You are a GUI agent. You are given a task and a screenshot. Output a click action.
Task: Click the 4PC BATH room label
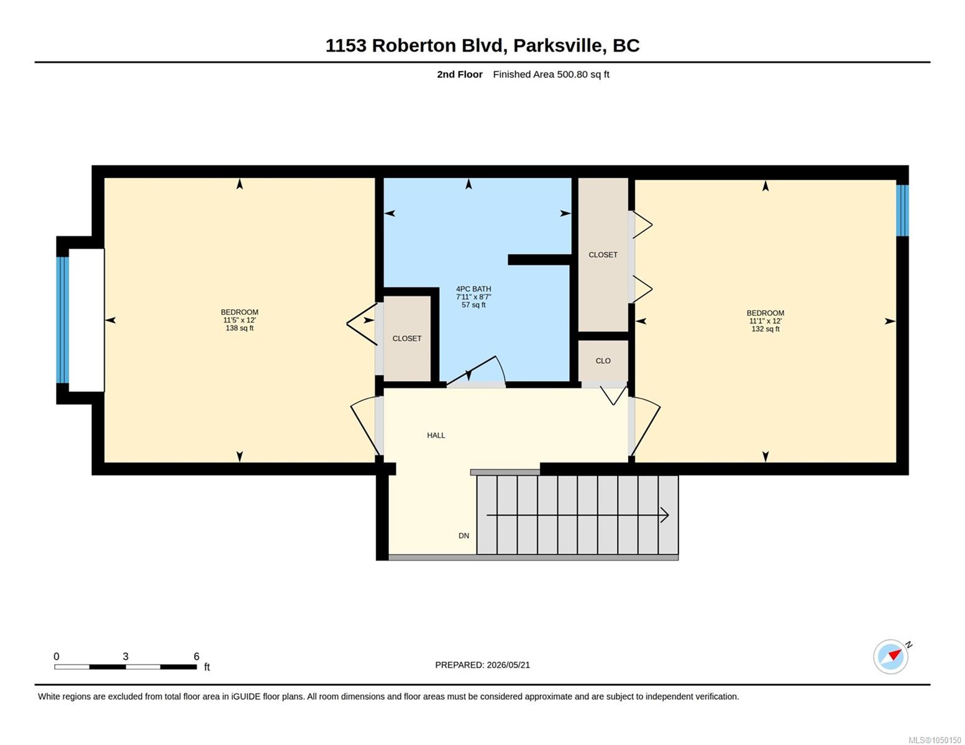coord(473,289)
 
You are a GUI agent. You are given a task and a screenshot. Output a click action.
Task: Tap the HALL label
coord(436,435)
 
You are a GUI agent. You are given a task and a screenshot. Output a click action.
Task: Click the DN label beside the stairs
coord(464,536)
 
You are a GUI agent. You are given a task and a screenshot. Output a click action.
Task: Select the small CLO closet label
coord(603,361)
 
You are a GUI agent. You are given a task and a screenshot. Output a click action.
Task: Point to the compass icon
coord(891,657)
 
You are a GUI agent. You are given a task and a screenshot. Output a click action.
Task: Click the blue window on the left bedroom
coord(63,320)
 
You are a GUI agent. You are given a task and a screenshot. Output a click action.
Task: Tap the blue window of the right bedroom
coord(902,210)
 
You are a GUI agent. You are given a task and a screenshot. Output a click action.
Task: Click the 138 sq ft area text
coord(239,328)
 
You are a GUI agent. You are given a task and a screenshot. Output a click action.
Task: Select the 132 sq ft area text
coord(765,329)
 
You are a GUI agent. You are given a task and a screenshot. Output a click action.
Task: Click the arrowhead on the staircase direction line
coord(665,515)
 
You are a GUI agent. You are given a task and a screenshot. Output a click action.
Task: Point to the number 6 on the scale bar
coord(196,656)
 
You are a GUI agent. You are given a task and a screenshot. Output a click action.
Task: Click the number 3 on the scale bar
coord(126,656)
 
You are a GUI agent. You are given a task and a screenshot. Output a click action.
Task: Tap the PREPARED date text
coord(482,665)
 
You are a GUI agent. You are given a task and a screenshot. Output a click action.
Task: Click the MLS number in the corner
coord(935,740)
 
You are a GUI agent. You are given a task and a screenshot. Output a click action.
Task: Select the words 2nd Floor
coord(460,74)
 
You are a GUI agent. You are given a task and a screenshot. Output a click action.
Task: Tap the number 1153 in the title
coord(346,46)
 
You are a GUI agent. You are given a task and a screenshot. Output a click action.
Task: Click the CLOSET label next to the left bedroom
coord(407,338)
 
